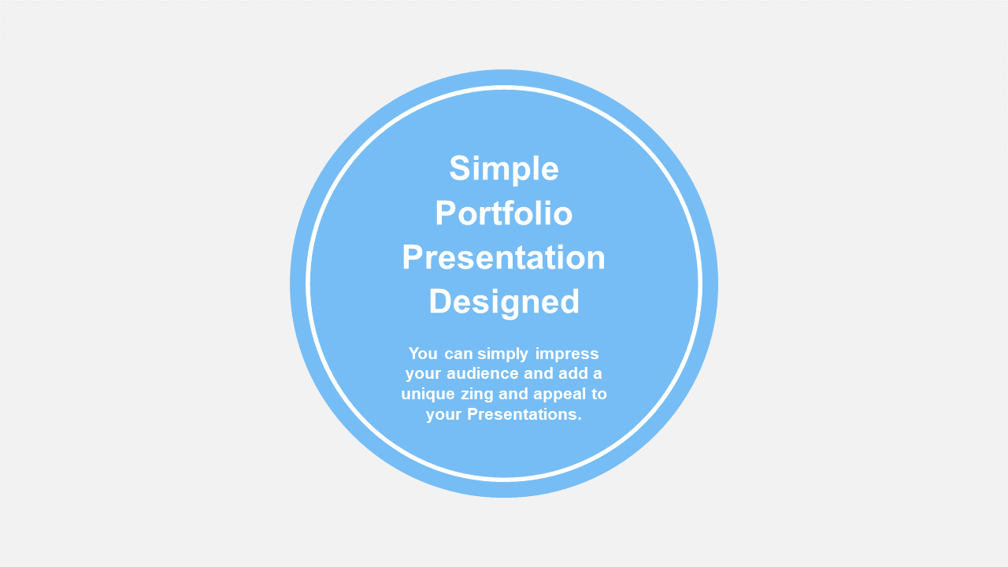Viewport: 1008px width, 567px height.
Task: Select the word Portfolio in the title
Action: point(504,213)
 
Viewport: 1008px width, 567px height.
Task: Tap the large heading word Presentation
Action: point(503,257)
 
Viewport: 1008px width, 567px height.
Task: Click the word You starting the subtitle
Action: point(423,354)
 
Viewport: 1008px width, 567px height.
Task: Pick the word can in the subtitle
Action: point(458,354)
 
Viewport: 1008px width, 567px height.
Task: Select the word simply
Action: point(503,354)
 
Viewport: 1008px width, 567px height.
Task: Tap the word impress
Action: point(567,354)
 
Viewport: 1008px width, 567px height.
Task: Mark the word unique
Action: point(428,395)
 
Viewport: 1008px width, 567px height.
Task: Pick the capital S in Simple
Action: point(459,169)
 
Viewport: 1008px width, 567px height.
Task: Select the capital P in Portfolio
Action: point(446,213)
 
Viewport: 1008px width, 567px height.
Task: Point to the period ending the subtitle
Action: point(579,420)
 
